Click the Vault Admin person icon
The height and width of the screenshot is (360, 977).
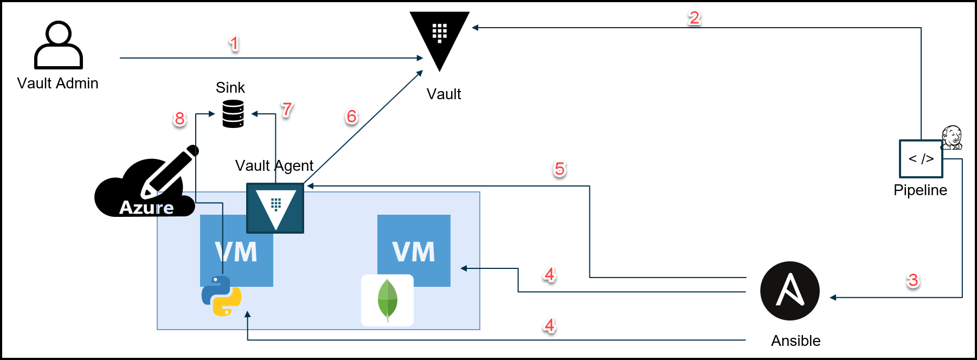click(x=59, y=45)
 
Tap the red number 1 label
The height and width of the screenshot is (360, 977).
click(x=234, y=43)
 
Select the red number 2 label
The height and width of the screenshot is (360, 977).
click(x=694, y=17)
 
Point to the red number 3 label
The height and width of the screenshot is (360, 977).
click(x=913, y=280)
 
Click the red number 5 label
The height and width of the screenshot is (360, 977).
click(x=560, y=169)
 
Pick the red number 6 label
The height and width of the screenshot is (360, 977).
click(x=351, y=116)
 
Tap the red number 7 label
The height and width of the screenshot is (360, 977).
click(x=287, y=109)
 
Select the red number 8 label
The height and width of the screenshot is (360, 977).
click(x=179, y=118)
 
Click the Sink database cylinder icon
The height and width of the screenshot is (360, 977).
click(x=233, y=114)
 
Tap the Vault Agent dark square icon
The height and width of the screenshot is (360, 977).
click(x=275, y=208)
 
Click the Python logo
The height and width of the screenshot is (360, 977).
click(x=221, y=295)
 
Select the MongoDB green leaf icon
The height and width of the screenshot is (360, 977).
click(x=387, y=300)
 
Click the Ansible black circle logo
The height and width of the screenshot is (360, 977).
click(x=789, y=291)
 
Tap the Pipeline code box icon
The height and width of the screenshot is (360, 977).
click(x=921, y=159)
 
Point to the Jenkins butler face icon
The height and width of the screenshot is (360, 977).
click(x=952, y=137)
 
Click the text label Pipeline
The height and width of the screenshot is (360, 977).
click(x=920, y=190)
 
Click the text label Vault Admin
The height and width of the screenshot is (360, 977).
click(x=57, y=83)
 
